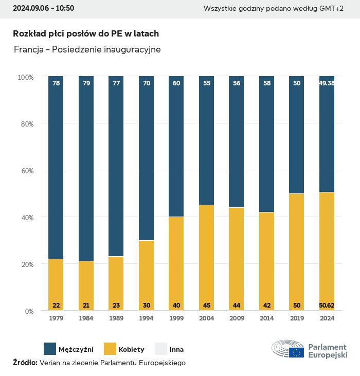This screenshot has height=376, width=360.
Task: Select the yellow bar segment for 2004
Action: tap(206, 257)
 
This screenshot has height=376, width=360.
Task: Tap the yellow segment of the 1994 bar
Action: tap(146, 275)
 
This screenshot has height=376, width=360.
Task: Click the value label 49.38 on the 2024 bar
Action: tap(327, 83)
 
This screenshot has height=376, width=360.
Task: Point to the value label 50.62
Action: tap(327, 306)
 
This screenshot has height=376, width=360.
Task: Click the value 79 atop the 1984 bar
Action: tap(86, 83)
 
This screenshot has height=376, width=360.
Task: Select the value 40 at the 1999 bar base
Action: tap(176, 306)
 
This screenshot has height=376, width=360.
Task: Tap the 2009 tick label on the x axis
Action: tap(237, 319)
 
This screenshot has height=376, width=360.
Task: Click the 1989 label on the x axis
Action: tap(116, 319)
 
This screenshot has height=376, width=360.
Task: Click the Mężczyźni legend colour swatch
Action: tap(50, 349)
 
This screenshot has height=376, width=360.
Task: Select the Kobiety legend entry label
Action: tap(131, 349)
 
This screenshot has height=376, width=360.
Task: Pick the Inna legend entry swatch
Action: tap(161, 349)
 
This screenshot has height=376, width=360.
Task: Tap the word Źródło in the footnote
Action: tap(25, 363)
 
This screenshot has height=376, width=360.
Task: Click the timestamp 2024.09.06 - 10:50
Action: tap(43, 8)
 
